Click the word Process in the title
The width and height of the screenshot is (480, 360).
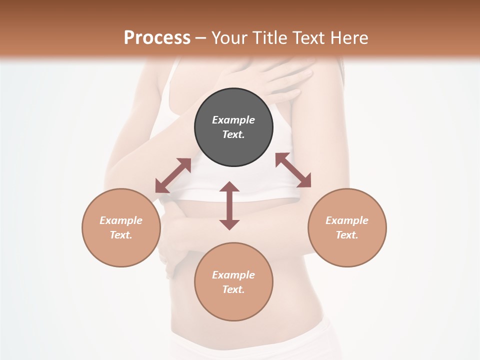157,38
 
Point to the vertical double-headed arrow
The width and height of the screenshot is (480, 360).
229,206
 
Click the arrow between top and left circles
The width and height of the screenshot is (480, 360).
173,175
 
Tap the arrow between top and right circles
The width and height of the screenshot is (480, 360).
293,170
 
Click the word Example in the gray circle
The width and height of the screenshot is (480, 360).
233,120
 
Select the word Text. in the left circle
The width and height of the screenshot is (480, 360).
121,235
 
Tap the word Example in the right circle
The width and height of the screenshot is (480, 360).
347,220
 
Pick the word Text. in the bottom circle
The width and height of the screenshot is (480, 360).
233,289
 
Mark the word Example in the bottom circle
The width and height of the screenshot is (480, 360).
233,275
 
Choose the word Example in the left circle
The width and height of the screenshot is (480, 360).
121,220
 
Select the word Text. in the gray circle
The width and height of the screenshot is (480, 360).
233,134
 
